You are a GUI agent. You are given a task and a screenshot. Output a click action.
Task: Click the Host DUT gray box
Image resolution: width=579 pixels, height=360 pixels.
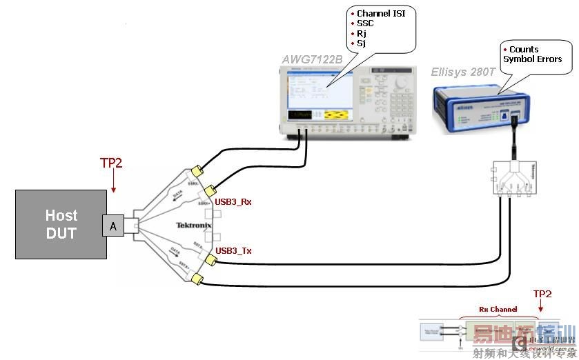61,224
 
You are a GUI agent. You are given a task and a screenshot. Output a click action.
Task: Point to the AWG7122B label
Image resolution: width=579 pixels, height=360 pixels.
313,60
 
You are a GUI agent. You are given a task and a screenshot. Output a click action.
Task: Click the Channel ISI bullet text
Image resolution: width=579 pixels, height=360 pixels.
385,14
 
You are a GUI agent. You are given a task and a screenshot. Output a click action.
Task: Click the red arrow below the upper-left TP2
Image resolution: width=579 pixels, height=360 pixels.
113,183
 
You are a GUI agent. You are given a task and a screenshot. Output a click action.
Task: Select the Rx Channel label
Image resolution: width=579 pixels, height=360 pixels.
498,310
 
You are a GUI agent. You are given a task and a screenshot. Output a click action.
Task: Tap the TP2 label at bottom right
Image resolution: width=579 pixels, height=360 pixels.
542,294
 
